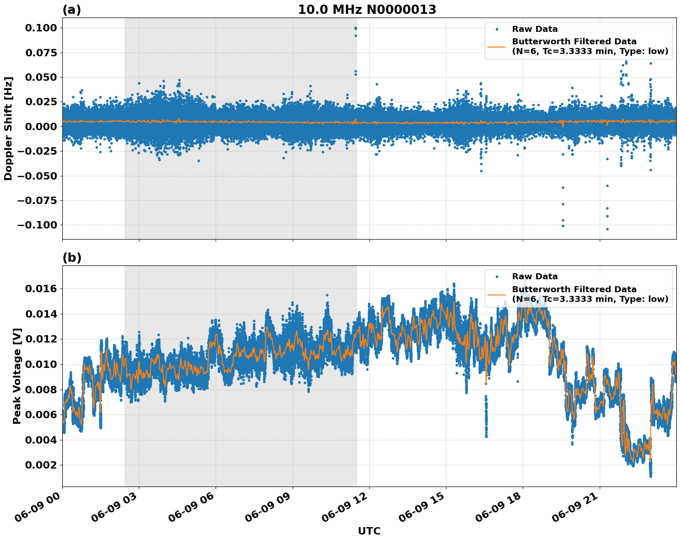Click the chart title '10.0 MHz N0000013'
367,10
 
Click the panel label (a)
72,10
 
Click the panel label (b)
72,258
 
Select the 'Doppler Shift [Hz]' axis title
8,128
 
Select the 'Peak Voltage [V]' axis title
17,376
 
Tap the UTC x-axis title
369,531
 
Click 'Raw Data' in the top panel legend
535,29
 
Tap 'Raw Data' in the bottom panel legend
535,277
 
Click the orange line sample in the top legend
497,47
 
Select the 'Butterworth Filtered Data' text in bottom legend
574,289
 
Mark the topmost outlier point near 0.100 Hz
356,28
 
